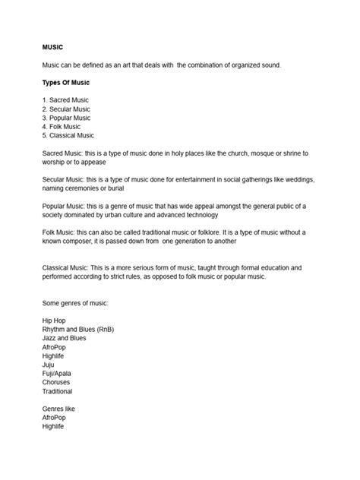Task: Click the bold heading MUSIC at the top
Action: [52, 47]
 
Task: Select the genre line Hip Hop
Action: [55, 321]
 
